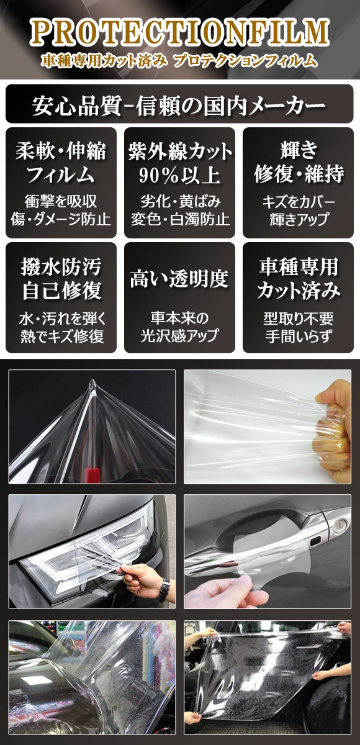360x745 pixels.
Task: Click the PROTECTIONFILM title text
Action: pos(179,33)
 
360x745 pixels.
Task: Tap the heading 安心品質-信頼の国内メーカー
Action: pos(179,106)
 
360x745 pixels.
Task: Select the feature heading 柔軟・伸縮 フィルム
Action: pos(61,163)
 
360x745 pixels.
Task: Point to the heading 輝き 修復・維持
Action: pos(299,163)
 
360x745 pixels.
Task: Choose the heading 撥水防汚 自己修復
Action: pos(61,279)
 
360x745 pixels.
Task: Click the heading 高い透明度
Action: pos(179,279)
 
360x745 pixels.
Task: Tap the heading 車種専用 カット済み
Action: pos(299,279)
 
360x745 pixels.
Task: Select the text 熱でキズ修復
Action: pos(61,336)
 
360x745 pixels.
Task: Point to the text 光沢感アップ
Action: pos(179,336)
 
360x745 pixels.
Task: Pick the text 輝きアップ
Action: pos(299,220)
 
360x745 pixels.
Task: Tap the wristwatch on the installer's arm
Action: pos(163,589)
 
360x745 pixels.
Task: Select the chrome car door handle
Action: pos(261,546)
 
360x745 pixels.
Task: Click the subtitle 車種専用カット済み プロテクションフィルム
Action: pos(179,61)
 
